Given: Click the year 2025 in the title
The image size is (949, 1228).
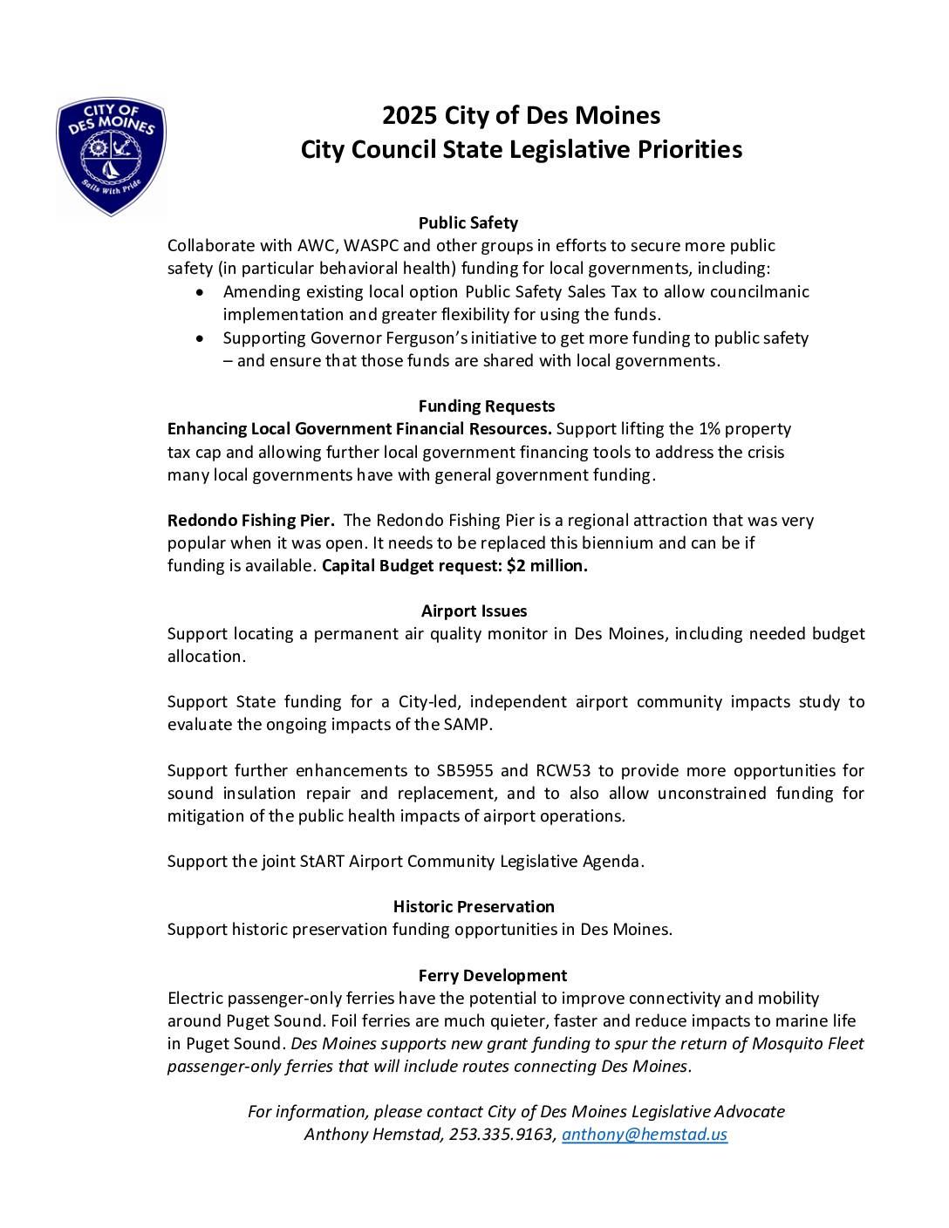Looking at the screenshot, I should [409, 116].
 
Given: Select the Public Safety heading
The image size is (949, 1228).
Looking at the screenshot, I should [468, 223].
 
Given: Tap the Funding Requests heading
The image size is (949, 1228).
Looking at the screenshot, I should [486, 406].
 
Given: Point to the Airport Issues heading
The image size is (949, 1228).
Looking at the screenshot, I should [474, 611].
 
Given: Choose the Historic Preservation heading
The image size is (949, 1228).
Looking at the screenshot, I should [474, 907].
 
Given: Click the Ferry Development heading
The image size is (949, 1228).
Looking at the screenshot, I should [492, 976].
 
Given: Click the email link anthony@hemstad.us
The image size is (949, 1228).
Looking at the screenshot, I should [645, 1135].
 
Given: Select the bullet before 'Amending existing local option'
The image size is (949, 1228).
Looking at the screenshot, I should [201, 292].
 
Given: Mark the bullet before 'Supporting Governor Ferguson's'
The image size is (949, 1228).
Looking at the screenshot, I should [201, 338].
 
